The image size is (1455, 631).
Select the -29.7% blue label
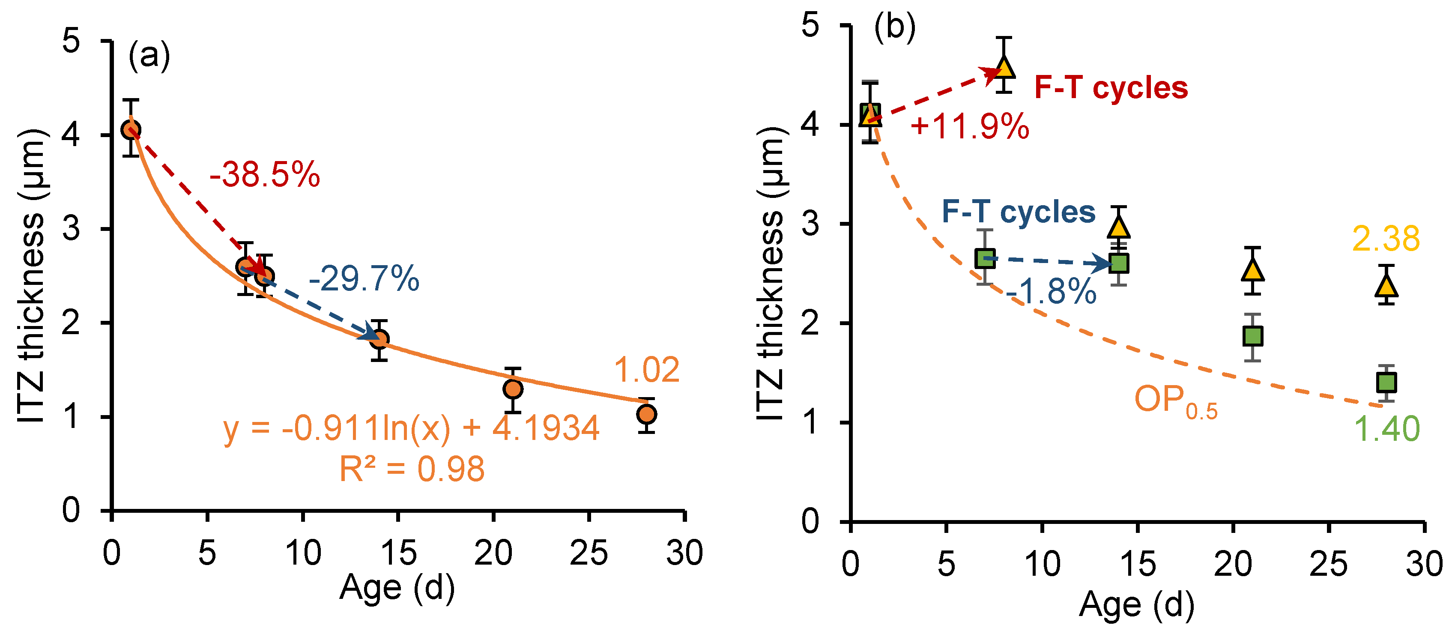coord(364,278)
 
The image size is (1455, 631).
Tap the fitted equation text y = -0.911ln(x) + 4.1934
coord(411,428)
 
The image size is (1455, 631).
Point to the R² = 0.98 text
coord(411,469)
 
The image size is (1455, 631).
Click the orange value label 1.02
coord(646,370)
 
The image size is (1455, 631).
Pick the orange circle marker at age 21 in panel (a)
coord(512,389)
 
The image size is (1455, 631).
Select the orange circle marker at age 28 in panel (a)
coord(646,414)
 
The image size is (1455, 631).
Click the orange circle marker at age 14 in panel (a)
coord(379,339)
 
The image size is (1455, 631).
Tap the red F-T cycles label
coord(1111,88)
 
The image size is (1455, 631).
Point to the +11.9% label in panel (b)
coord(969,126)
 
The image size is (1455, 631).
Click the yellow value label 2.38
coord(1386,239)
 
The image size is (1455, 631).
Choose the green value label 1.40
coord(1386,429)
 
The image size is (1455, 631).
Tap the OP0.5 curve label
coord(1175,401)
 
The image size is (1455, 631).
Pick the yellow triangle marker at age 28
coord(1386,285)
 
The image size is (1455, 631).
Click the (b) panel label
coord(894,27)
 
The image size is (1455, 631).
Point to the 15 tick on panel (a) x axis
coord(398,553)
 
